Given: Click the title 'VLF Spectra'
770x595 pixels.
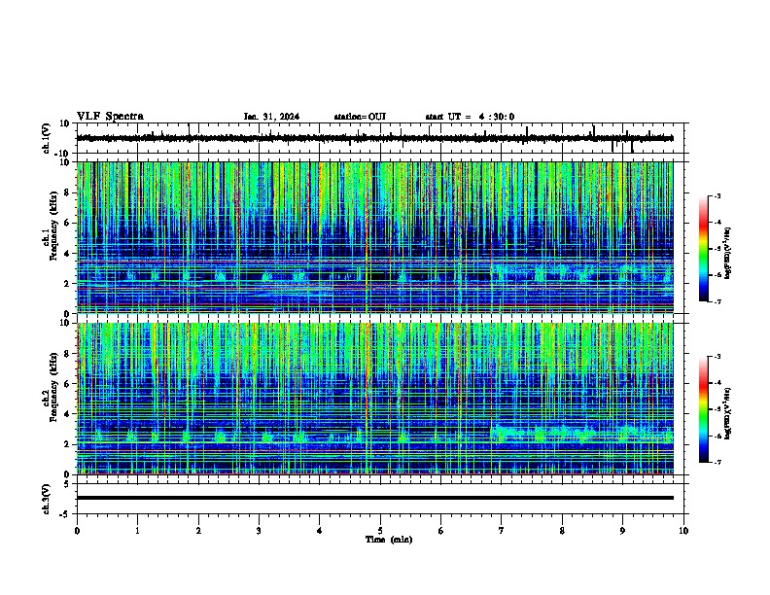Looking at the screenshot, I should [110, 117].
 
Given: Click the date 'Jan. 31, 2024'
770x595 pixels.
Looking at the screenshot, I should [271, 117].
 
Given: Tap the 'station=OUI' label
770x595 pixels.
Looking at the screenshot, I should [360, 117].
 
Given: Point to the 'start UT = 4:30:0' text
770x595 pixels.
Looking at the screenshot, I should [470, 117].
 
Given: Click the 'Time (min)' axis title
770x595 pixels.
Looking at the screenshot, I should [388, 539].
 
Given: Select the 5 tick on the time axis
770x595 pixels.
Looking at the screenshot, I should [380, 530].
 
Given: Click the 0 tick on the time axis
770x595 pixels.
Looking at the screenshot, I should [77, 530].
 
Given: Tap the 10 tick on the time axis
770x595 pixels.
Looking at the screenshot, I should [683, 530].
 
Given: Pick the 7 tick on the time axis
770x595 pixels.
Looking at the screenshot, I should [502, 530].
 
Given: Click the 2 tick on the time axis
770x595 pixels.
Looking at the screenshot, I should [198, 530].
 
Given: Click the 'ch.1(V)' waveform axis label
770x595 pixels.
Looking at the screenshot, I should [46, 138].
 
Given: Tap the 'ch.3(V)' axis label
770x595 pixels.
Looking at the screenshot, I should [46, 497].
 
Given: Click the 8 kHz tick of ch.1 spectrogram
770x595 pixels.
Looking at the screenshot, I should [68, 192].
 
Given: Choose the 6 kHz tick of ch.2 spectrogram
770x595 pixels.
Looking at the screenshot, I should [68, 384].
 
